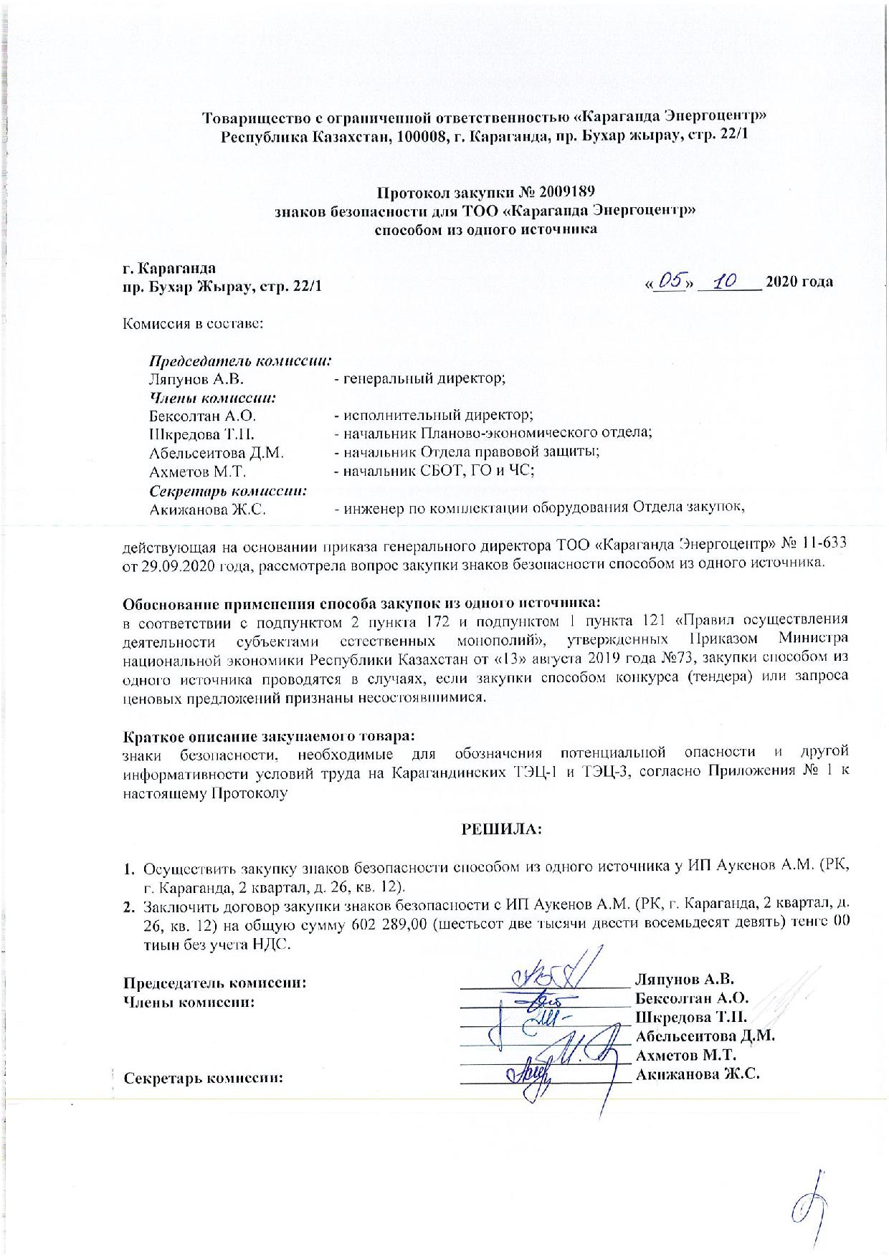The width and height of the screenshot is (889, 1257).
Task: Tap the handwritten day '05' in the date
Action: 671,282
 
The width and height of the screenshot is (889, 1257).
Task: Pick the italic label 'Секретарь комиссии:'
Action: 228,491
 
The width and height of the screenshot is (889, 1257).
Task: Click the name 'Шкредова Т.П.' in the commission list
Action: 202,434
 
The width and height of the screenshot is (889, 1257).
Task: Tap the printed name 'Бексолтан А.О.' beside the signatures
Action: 691,998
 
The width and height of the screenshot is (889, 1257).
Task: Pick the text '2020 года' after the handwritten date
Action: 799,282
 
